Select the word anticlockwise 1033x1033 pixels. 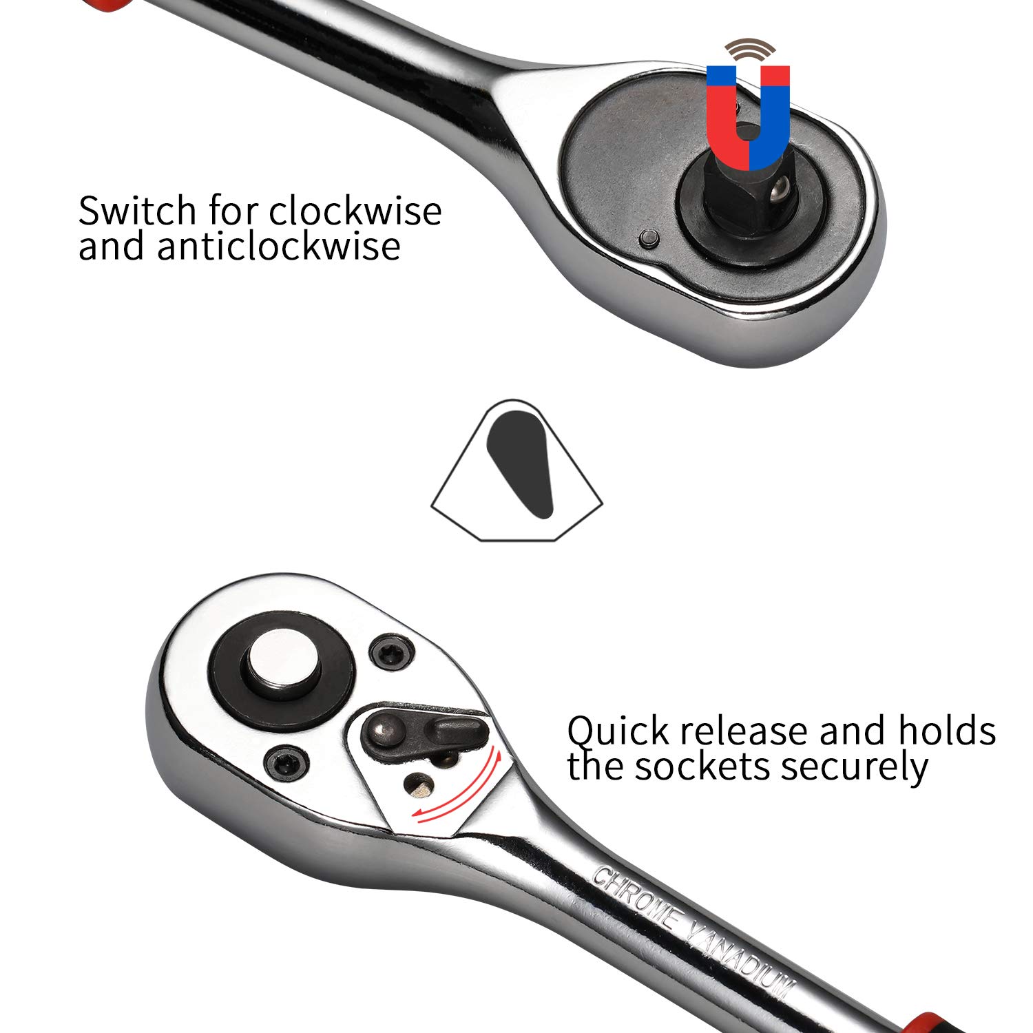(x=278, y=246)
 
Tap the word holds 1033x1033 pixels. (x=947, y=731)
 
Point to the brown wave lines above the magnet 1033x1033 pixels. (x=749, y=51)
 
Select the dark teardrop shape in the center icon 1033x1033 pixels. (x=521, y=464)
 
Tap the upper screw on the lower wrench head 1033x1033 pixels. (x=392, y=654)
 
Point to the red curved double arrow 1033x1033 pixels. (x=459, y=787)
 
